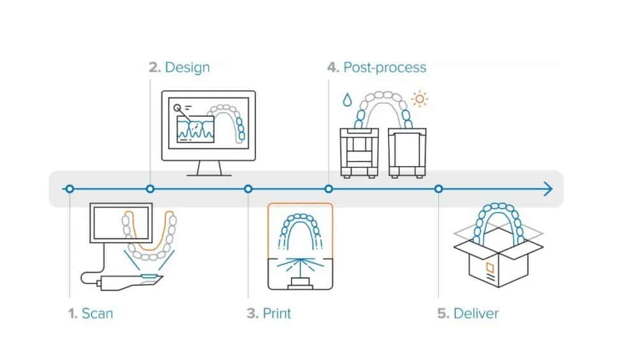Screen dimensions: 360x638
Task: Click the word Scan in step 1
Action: pyautogui.click(x=98, y=313)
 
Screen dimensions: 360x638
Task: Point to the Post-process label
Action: pyautogui.click(x=385, y=67)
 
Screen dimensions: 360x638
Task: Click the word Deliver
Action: pyautogui.click(x=476, y=313)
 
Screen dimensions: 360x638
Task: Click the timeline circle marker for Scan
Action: pyautogui.click(x=70, y=189)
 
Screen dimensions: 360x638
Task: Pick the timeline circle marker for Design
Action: pyautogui.click(x=151, y=189)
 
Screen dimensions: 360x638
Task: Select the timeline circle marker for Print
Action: pyautogui.click(x=248, y=189)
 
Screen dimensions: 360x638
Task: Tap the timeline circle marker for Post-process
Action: pyautogui.click(x=329, y=189)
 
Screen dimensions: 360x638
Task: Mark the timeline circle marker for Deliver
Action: pyautogui.click(x=438, y=189)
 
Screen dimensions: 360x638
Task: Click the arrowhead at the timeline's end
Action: pyautogui.click(x=548, y=189)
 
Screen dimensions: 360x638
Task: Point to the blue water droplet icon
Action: pyautogui.click(x=346, y=100)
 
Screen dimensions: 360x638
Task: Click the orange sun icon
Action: pyautogui.click(x=420, y=99)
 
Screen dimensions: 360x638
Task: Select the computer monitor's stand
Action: pyautogui.click(x=209, y=169)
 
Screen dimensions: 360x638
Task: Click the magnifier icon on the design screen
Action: pyautogui.click(x=177, y=109)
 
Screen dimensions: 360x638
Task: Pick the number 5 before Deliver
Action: pyautogui.click(x=442, y=313)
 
